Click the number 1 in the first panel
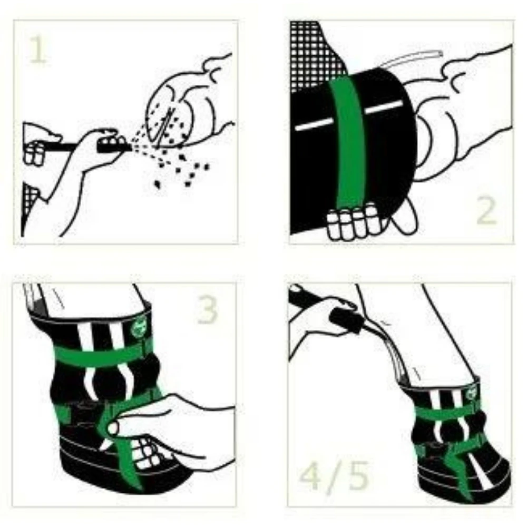[x=38, y=49]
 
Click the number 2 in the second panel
[x=486, y=210]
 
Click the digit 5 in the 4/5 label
[x=358, y=475]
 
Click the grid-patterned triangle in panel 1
[x=30, y=202]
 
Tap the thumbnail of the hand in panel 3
[x=113, y=428]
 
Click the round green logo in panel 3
[x=138, y=329]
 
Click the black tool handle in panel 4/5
[x=346, y=321]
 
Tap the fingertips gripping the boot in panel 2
[x=353, y=221]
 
